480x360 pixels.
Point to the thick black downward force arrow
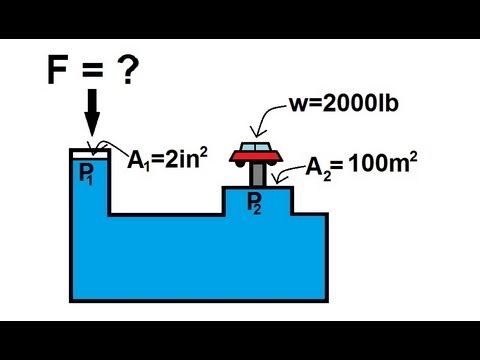[91, 114]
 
